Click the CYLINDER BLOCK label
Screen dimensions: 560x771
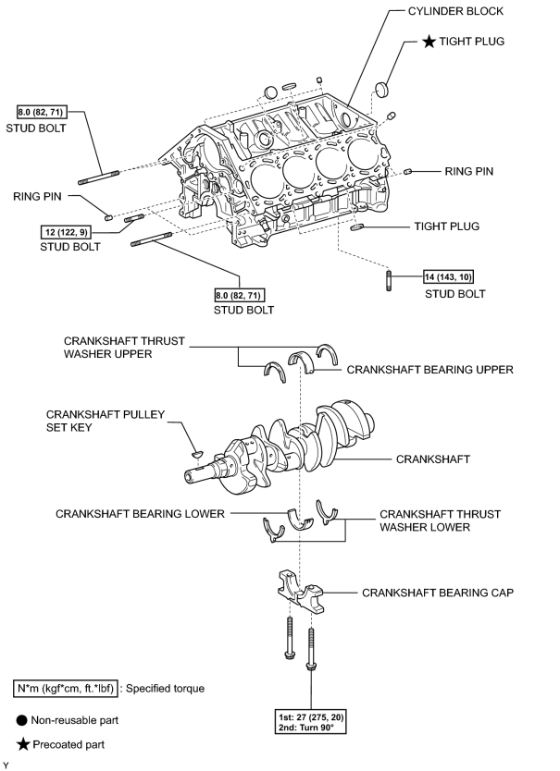pyautogui.click(x=455, y=11)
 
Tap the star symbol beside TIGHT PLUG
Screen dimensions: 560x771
pyautogui.click(x=429, y=42)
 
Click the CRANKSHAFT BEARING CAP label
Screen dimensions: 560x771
pyautogui.click(x=438, y=593)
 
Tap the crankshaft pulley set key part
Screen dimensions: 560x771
pyautogui.click(x=197, y=453)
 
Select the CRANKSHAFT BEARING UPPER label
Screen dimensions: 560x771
pyautogui.click(x=429, y=370)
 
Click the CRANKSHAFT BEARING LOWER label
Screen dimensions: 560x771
pyautogui.click(x=140, y=514)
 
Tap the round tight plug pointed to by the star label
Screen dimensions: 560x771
pyautogui.click(x=381, y=90)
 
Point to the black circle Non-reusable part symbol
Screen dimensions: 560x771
pyautogui.click(x=21, y=720)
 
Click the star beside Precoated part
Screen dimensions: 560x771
pyautogui.click(x=23, y=744)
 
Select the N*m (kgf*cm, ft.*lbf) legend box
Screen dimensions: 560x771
pyautogui.click(x=66, y=689)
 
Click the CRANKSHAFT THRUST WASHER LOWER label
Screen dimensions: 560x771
pyautogui.click(x=440, y=520)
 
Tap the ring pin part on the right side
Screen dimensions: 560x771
pyautogui.click(x=407, y=172)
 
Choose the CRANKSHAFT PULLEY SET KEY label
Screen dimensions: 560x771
pyautogui.click(x=105, y=421)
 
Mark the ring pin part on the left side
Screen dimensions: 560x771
pyautogui.click(x=109, y=217)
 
